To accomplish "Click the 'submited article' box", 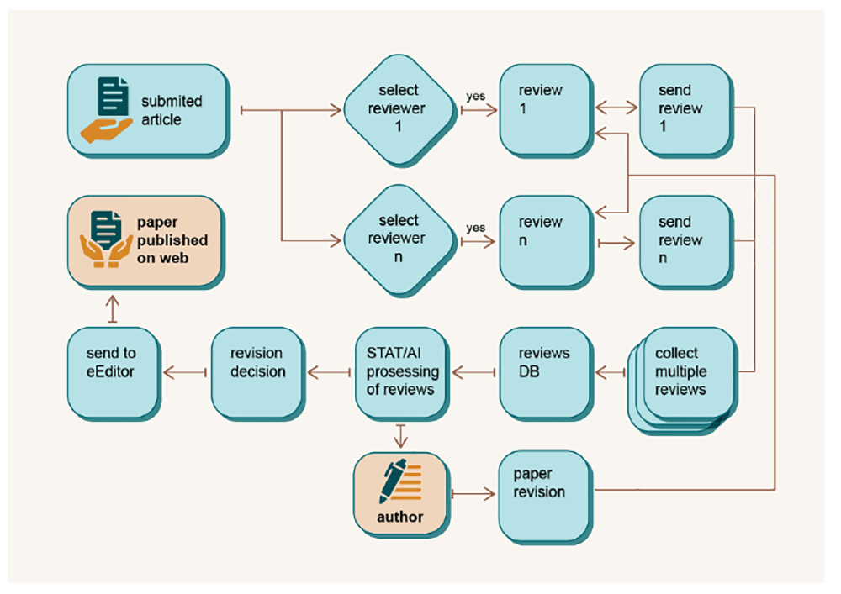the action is [149, 111].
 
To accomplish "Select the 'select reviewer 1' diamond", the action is [399, 110].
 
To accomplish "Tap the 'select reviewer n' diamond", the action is [399, 240].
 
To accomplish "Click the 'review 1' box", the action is [547, 111].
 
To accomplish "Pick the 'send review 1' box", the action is [686, 111].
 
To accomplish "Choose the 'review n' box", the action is [547, 242].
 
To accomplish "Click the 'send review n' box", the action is [686, 242].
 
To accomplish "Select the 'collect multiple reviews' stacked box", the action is [683, 380].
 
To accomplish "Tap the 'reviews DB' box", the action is [547, 374].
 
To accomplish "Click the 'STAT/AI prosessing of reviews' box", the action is [402, 374].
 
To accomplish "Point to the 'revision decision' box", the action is [258, 374].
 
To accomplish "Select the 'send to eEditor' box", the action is [114, 374].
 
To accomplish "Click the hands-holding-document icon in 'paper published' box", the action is [106, 239].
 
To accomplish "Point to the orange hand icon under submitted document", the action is [106, 129].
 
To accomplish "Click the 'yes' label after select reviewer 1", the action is [476, 97].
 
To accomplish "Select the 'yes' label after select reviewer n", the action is [476, 229].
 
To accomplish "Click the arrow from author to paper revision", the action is [473, 494].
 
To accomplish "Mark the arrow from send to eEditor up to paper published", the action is [112, 309].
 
